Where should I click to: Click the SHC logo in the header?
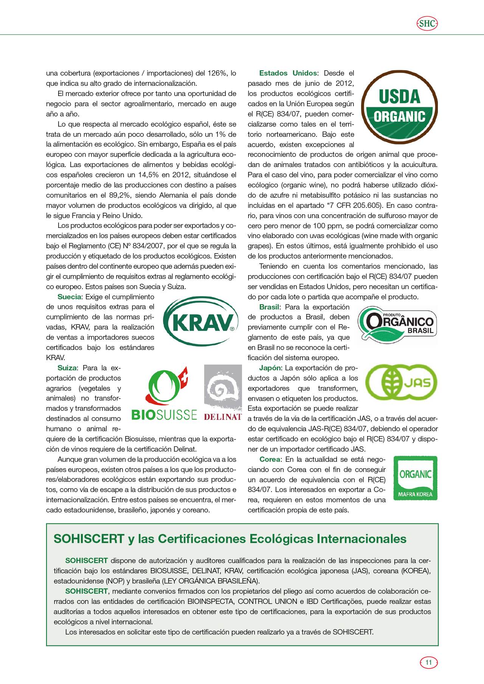[x=427, y=23]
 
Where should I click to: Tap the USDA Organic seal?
[x=399, y=107]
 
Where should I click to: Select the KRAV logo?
[x=201, y=322]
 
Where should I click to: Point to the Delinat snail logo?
[x=223, y=393]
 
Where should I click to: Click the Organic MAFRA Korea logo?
[x=415, y=478]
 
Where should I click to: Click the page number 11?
[x=428, y=662]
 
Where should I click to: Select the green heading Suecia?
[x=69, y=297]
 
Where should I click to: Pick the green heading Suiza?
[x=67, y=368]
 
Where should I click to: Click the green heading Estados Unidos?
[x=288, y=73]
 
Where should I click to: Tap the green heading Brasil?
[x=269, y=307]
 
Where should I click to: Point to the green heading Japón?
[x=270, y=368]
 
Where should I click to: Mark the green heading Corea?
[x=270, y=460]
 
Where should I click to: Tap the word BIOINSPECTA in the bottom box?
[x=210, y=602]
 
